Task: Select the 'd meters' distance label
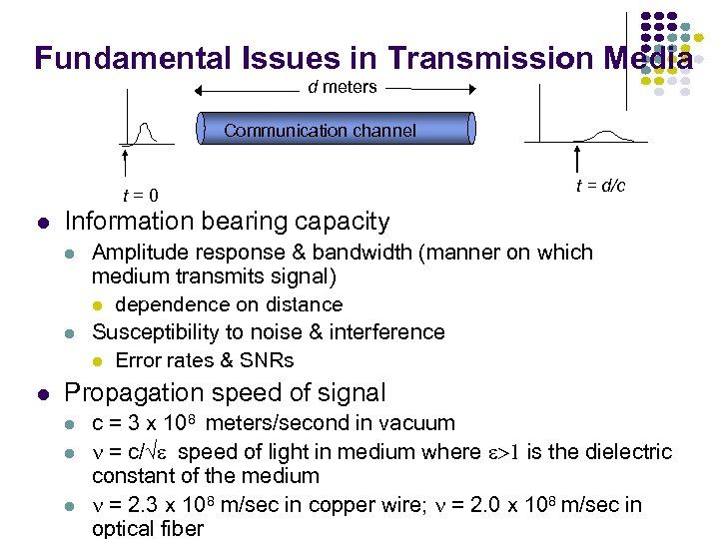343,87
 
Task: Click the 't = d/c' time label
600,186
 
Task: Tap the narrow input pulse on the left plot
146,132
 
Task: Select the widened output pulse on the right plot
604,136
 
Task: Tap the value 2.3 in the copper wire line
143,505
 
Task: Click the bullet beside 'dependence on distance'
97,305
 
